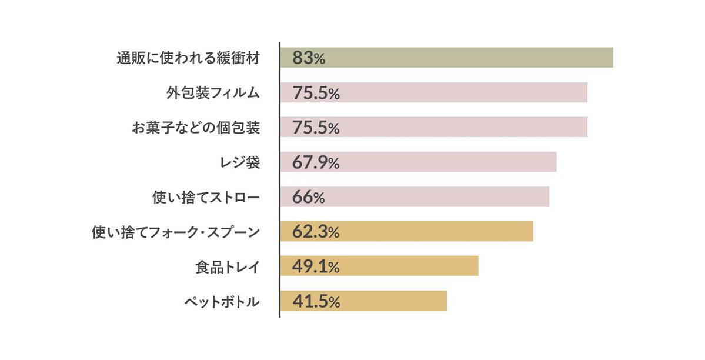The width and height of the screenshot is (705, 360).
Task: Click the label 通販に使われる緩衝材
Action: (x=188, y=58)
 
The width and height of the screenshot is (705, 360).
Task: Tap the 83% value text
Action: (x=308, y=58)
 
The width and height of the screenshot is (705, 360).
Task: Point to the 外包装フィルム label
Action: (x=213, y=93)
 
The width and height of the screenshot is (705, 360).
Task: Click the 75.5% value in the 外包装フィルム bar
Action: (x=316, y=93)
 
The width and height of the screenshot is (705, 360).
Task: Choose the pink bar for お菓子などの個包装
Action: (x=459, y=127)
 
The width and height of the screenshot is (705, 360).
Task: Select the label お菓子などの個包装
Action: (x=196, y=128)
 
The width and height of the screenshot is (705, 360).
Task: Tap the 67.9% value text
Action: (x=316, y=162)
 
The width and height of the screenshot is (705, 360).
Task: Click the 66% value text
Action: (x=308, y=197)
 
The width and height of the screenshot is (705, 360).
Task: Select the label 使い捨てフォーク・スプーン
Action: (x=176, y=232)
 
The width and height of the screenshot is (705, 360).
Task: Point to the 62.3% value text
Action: (x=316, y=232)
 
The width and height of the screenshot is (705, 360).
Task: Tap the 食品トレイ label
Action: (x=228, y=267)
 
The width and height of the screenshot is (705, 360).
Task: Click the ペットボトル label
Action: (x=222, y=302)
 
